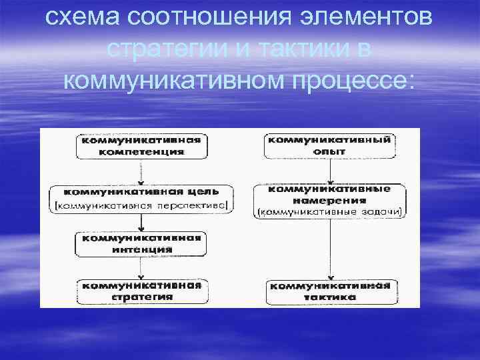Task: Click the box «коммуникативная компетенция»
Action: point(141,146)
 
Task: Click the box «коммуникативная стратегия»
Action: point(141,291)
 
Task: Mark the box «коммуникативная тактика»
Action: point(329,291)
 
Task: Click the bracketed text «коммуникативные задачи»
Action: point(329,213)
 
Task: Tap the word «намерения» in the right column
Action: point(329,200)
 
